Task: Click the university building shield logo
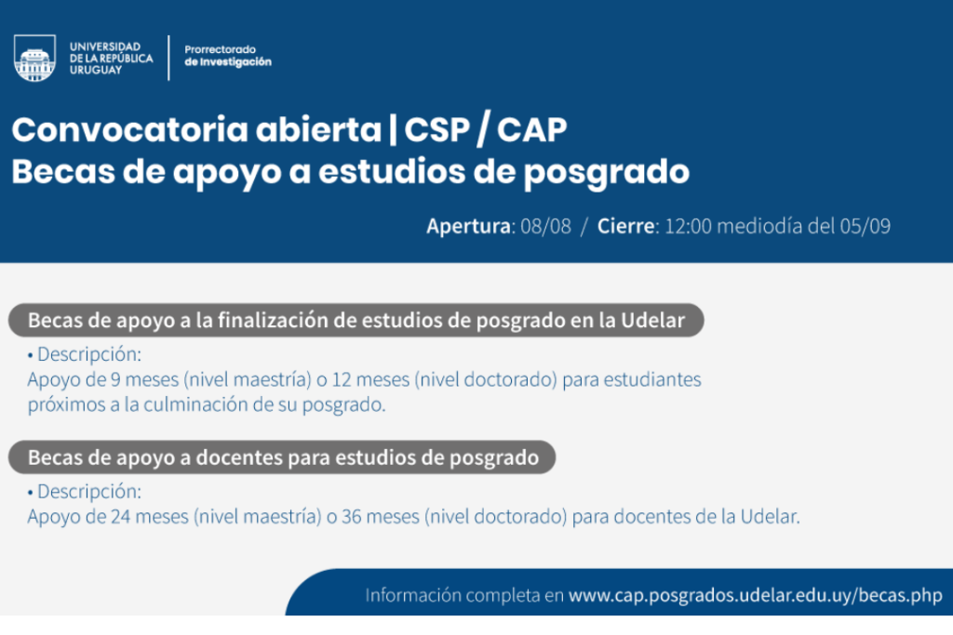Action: click(34, 58)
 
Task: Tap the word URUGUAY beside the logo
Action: click(96, 70)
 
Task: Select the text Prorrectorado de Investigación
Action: click(228, 55)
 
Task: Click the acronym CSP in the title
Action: click(437, 129)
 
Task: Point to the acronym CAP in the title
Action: click(531, 129)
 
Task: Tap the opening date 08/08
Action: click(545, 226)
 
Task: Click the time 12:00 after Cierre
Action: click(688, 226)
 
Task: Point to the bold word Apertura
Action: click(469, 226)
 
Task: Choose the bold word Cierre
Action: click(626, 226)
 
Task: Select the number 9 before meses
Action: click(115, 379)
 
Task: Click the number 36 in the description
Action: click(351, 517)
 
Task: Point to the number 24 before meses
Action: click(120, 517)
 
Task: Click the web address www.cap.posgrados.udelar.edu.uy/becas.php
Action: click(756, 596)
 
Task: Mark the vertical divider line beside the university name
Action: click(168, 58)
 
